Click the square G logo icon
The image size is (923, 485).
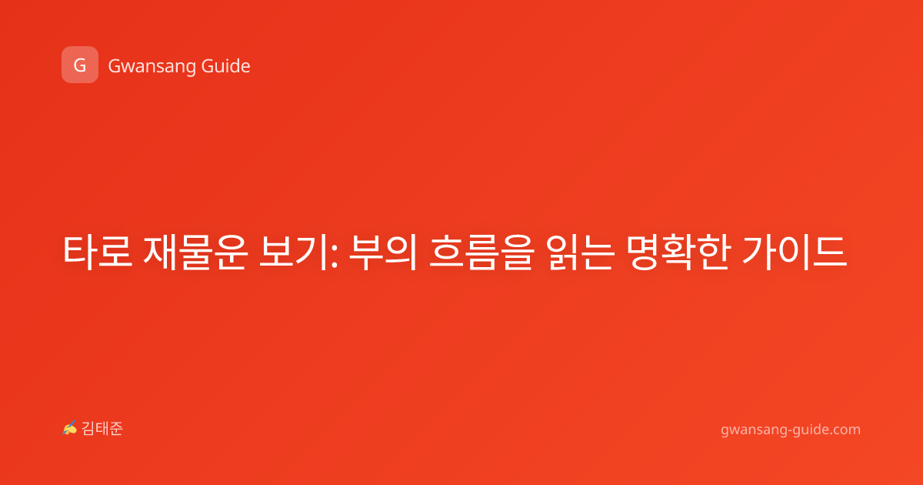[80, 65]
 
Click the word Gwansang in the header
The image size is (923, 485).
[152, 67]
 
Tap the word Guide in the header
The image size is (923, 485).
[226, 66]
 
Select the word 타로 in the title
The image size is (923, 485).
[97, 252]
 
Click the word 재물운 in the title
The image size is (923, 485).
[195, 252]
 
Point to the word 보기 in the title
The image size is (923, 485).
[293, 252]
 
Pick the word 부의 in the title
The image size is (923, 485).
[383, 252]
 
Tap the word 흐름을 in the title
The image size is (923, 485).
[481, 252]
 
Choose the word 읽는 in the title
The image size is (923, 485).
[581, 252]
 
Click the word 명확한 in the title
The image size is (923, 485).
[678, 252]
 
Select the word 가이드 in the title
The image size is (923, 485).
[795, 252]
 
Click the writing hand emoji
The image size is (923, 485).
[70, 428]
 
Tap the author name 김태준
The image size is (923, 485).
[102, 429]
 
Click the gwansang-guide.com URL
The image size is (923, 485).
[791, 430]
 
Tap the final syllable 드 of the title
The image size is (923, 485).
[831, 252]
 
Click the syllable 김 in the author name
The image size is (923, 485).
[88, 429]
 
